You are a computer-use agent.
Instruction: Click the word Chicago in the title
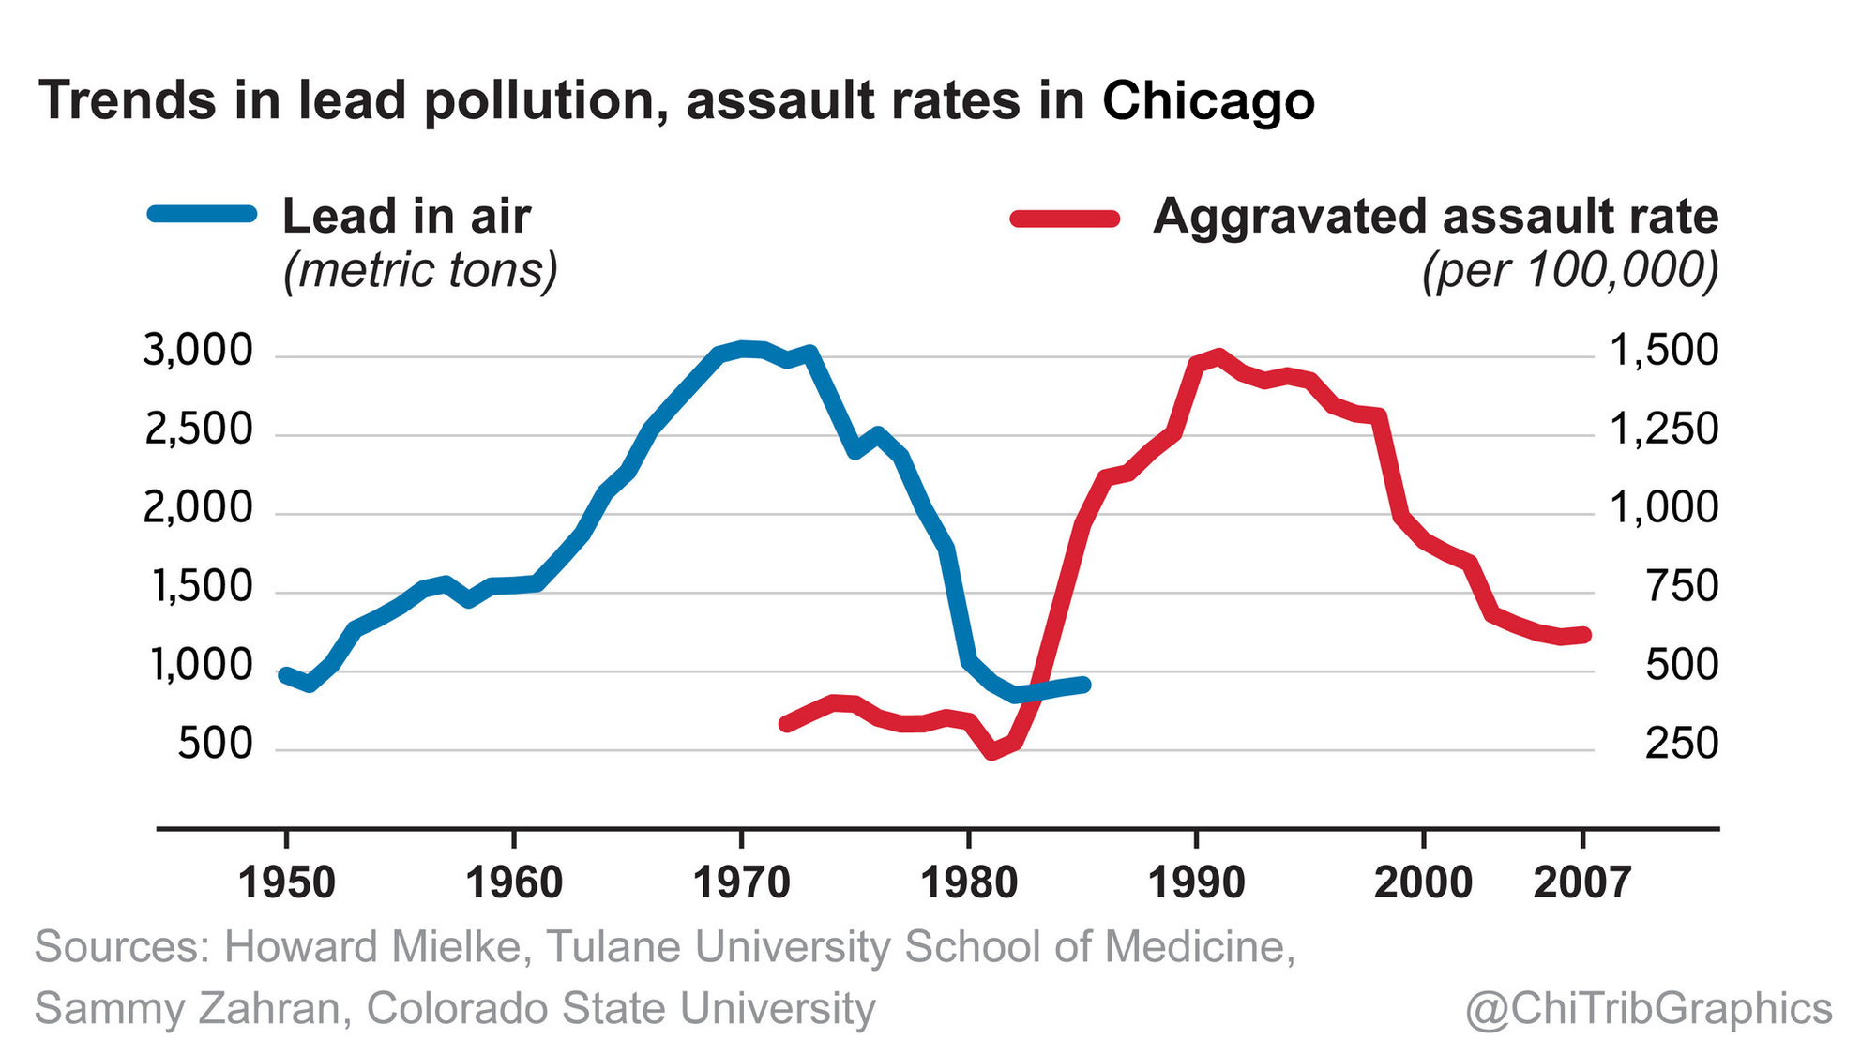click(1208, 101)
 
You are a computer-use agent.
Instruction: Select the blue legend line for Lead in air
click(203, 214)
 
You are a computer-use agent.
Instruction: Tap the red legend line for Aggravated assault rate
click(1066, 219)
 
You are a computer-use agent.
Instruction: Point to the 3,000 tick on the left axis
click(198, 352)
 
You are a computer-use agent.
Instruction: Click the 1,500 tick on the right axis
click(1664, 352)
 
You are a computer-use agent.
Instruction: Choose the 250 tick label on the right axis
click(1682, 745)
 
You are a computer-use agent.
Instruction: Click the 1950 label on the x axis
click(287, 883)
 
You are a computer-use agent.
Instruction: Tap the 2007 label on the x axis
click(1582, 883)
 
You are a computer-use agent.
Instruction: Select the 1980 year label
click(969, 883)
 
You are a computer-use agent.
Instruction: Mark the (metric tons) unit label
click(420, 270)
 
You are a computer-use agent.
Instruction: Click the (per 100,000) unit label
click(1570, 270)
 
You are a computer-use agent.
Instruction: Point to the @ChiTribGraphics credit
click(1649, 1009)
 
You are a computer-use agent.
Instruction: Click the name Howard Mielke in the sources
click(372, 947)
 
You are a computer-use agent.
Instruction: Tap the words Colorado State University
click(621, 1009)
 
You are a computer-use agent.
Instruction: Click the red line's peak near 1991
click(1218, 355)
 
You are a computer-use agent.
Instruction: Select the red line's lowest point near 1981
click(992, 752)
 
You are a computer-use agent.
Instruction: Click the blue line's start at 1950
click(285, 674)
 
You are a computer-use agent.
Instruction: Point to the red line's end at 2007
click(1583, 635)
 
